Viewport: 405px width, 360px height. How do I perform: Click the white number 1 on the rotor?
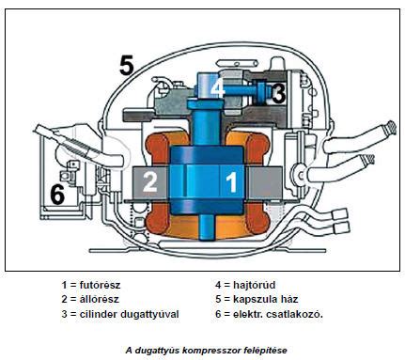tap(231, 181)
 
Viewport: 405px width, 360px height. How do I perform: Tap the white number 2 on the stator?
tap(150, 181)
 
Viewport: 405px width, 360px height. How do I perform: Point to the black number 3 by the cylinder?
tap(278, 93)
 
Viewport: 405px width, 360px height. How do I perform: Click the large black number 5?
tap(127, 65)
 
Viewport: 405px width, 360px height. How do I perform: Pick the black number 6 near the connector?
tap(57, 194)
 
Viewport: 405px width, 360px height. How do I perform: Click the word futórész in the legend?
tap(100, 286)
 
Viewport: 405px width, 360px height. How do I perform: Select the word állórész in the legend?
tap(100, 299)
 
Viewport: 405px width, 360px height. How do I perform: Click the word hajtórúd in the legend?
tap(255, 285)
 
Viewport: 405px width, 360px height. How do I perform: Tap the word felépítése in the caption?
tap(265, 350)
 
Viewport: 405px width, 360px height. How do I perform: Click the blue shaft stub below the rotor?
tap(208, 228)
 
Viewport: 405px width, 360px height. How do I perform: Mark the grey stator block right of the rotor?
tap(264, 183)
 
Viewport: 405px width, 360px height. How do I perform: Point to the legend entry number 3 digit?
tap(64, 314)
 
